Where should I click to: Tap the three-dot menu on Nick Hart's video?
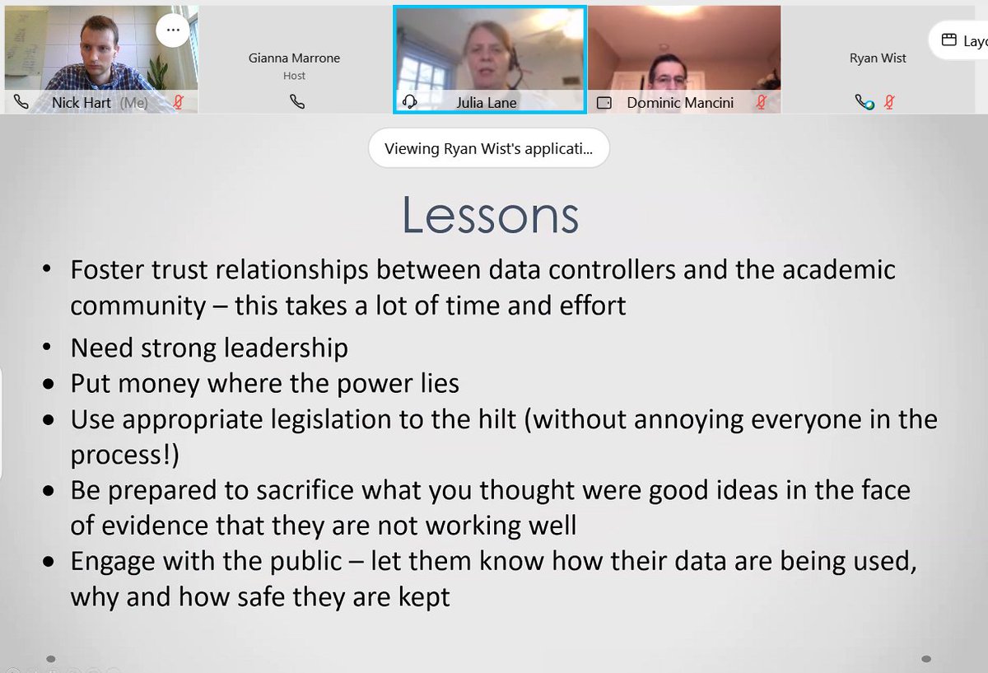click(x=172, y=30)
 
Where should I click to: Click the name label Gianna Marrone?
click(x=294, y=58)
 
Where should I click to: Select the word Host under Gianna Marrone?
click(x=294, y=76)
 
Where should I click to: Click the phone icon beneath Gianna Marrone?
click(x=297, y=103)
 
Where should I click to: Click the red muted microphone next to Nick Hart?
click(x=179, y=103)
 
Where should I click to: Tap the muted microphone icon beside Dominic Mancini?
click(x=762, y=103)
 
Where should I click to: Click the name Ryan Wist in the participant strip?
click(x=878, y=58)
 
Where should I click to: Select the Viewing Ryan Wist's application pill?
click(x=489, y=149)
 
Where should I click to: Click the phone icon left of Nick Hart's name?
click(x=21, y=103)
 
